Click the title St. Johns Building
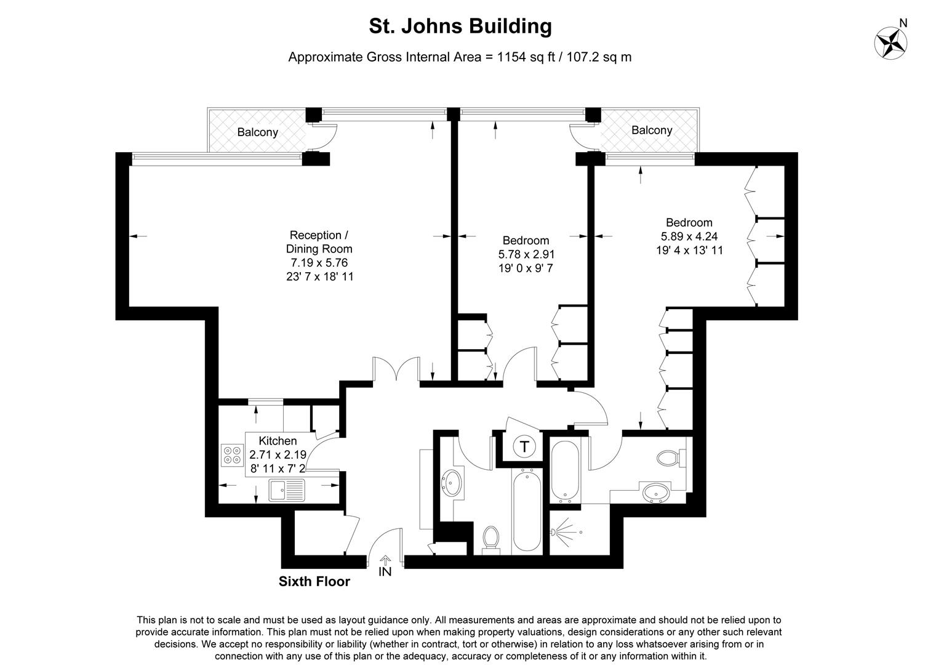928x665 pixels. click(x=460, y=26)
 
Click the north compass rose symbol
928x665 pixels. click(x=890, y=42)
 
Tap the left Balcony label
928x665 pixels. click(x=258, y=132)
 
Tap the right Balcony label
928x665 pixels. click(x=652, y=130)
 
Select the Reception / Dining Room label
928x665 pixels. click(x=319, y=242)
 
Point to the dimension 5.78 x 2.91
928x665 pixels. click(x=526, y=254)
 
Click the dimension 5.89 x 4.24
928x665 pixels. click(x=689, y=236)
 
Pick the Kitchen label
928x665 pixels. click(x=278, y=441)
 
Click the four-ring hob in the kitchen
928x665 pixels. click(x=233, y=454)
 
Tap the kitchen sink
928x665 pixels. click(x=287, y=490)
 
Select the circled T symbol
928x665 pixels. click(x=524, y=446)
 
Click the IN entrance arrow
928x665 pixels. click(x=385, y=565)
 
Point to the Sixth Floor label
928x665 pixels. click(x=314, y=581)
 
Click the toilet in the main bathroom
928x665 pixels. click(x=491, y=537)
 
